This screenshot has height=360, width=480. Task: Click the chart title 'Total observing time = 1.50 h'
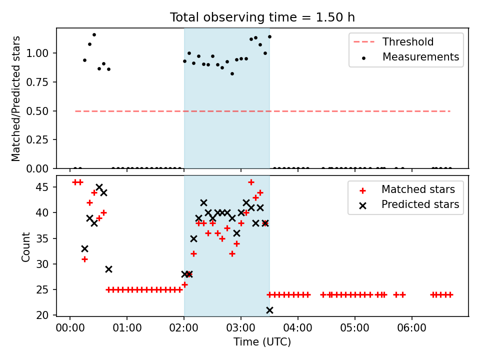(x=262, y=17)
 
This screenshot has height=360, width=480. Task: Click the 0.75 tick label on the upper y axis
(x=37, y=82)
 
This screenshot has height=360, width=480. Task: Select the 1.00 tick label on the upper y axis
(x=37, y=53)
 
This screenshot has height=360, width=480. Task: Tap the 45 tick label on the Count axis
(x=42, y=187)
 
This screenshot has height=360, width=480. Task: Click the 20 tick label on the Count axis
(x=42, y=315)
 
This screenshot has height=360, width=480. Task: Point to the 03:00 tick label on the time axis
(x=241, y=328)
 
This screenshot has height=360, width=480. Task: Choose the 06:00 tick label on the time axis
(x=411, y=328)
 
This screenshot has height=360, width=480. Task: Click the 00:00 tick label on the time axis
(x=70, y=328)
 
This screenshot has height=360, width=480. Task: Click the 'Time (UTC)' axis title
(x=262, y=341)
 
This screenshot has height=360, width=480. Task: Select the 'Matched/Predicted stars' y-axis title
(x=16, y=98)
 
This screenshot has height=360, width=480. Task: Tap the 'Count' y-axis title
(x=25, y=247)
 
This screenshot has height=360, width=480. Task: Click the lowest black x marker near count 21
(x=269, y=310)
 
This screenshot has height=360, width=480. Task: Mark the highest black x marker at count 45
(x=99, y=187)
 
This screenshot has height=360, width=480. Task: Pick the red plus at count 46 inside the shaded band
(x=251, y=182)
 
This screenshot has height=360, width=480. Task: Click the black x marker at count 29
(x=108, y=269)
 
